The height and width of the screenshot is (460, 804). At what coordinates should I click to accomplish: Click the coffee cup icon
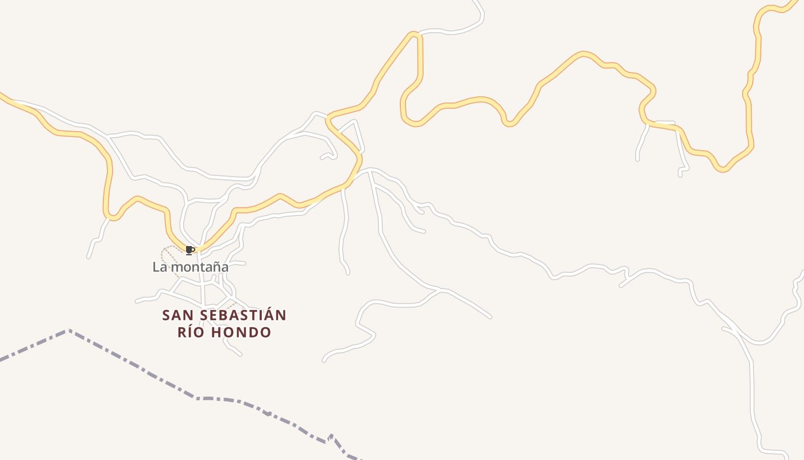pos(190,250)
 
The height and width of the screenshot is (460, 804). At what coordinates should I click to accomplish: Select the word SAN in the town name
pos(176,316)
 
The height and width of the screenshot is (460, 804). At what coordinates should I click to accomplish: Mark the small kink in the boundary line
pos(330,438)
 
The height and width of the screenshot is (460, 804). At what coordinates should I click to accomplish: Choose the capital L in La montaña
pos(156,267)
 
